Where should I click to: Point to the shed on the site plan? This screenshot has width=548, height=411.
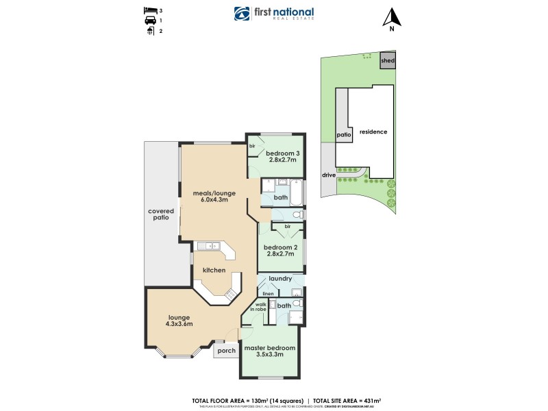point(388,60)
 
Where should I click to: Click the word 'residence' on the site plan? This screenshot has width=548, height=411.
point(373,132)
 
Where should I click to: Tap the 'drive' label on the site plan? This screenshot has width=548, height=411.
point(329,175)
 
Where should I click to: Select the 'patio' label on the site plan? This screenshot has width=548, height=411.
point(344,135)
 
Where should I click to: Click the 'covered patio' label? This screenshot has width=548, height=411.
point(162,214)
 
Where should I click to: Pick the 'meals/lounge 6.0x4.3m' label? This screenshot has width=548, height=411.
point(210,196)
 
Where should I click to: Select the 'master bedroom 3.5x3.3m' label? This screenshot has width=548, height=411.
point(271,350)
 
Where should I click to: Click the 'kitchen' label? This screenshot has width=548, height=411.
point(214,270)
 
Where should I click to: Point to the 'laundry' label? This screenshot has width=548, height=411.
point(281,279)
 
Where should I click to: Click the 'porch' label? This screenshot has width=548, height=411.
point(226,351)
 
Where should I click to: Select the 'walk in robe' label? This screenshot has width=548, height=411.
point(261,307)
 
